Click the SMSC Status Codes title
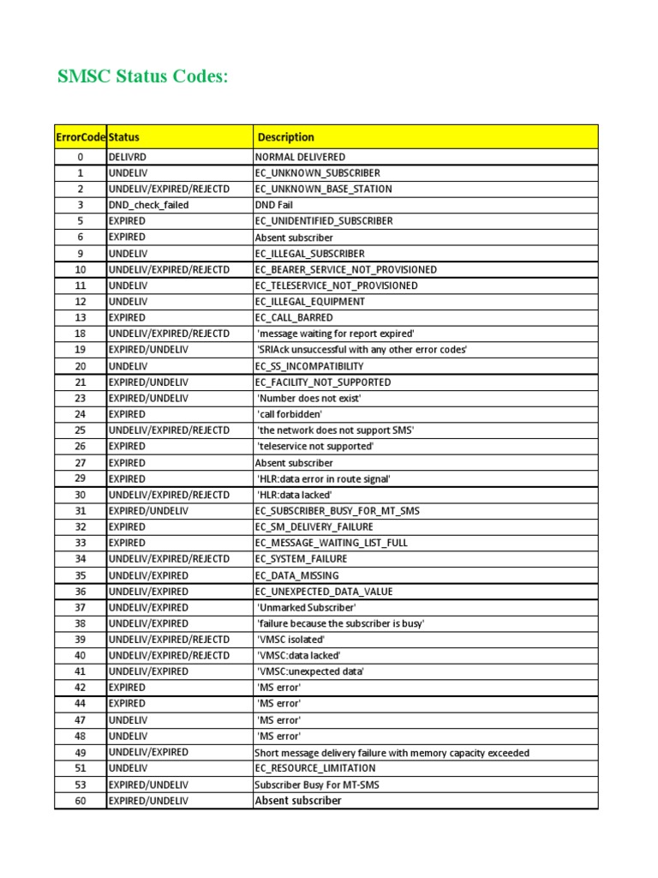(143, 77)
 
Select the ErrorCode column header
(81, 137)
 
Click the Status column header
(124, 137)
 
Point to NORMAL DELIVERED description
(300, 157)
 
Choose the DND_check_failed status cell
(149, 205)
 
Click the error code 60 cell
(81, 801)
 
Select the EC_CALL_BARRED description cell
(294, 317)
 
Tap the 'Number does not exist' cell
(309, 398)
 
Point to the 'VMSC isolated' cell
(291, 640)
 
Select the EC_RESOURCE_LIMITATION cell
(315, 768)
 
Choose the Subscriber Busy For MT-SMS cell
(317, 785)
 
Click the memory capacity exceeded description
(392, 753)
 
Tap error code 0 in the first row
(81, 157)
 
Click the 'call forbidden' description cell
(290, 414)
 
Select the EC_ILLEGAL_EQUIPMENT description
(309, 302)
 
